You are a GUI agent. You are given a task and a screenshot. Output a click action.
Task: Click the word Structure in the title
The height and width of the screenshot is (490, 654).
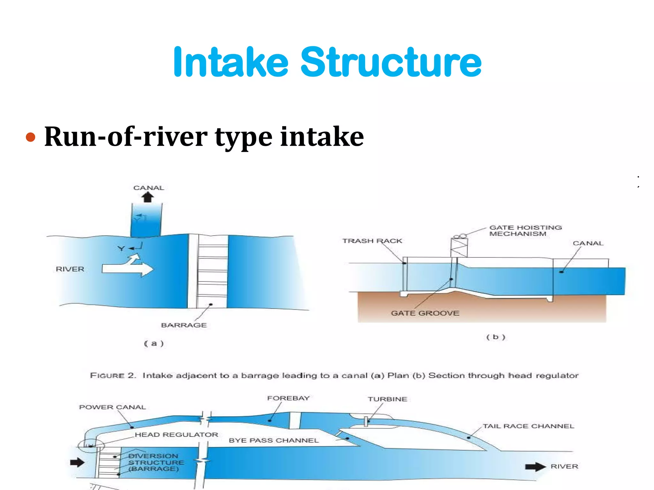pyautogui.click(x=391, y=62)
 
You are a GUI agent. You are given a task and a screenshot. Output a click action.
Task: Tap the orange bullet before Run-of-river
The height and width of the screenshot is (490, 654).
pyautogui.click(x=30, y=137)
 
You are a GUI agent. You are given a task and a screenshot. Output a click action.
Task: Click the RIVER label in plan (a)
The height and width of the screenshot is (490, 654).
pyautogui.click(x=70, y=269)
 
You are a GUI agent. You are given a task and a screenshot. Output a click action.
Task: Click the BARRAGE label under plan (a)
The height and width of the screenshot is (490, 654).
pyautogui.click(x=184, y=325)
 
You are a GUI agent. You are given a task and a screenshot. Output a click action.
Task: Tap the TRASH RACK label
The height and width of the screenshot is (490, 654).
pyautogui.click(x=372, y=241)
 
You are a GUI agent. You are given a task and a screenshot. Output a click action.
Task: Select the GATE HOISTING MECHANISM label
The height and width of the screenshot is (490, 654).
pyautogui.click(x=525, y=231)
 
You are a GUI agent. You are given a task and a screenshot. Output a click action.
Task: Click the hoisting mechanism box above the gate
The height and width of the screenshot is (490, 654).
pyautogui.click(x=459, y=248)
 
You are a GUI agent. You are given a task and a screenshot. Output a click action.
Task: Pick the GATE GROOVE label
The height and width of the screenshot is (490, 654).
pyautogui.click(x=425, y=313)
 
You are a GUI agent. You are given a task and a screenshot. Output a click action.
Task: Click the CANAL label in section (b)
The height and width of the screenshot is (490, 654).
pyautogui.click(x=588, y=243)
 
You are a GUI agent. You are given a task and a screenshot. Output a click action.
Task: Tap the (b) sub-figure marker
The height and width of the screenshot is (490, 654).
pyautogui.click(x=496, y=337)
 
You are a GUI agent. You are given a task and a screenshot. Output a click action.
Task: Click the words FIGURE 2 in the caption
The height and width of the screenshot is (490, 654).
pyautogui.click(x=113, y=375)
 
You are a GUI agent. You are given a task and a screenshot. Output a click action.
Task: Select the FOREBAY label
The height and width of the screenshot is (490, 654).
pyautogui.click(x=288, y=398)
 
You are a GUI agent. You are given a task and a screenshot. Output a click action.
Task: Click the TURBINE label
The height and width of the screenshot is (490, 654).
pyautogui.click(x=387, y=399)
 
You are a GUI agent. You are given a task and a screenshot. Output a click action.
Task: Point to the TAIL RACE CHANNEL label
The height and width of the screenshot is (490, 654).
pyautogui.click(x=528, y=426)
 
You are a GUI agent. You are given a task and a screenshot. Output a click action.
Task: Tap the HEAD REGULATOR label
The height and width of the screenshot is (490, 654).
pyautogui.click(x=176, y=434)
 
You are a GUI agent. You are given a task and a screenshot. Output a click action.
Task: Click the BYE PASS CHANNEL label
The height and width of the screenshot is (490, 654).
pyautogui.click(x=274, y=441)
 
